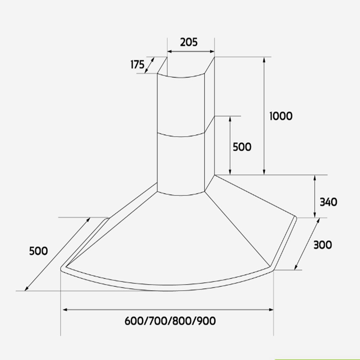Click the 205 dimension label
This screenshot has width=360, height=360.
coord(189,42)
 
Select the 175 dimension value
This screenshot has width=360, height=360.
coord(137,65)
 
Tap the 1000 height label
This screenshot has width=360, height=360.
coord(281,116)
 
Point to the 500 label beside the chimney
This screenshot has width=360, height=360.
coord(242,147)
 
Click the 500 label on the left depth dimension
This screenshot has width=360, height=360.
coord(38,251)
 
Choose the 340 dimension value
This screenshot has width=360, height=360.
coord(328,202)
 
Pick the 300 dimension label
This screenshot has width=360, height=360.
coord(323,245)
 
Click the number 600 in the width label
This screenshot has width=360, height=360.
coord(135,321)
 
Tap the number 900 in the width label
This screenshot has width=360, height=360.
coord(206,321)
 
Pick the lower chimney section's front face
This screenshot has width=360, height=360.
coord(181,164)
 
